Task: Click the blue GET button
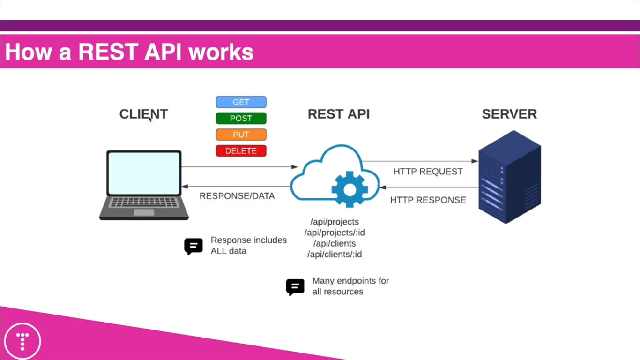point(241,102)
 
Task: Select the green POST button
point(241,119)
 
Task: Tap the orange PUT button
point(241,135)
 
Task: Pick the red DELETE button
point(241,151)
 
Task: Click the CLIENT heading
point(143,114)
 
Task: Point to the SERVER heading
point(509,114)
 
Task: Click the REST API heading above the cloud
point(338,114)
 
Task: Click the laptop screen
point(144,173)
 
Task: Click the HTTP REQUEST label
point(428,172)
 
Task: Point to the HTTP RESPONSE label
point(428,200)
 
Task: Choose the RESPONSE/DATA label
point(237,196)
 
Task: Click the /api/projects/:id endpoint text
point(335,232)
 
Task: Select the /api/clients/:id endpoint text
point(335,255)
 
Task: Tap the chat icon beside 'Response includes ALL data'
point(193,246)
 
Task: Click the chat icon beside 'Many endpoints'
point(295,287)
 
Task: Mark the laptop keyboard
point(144,202)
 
